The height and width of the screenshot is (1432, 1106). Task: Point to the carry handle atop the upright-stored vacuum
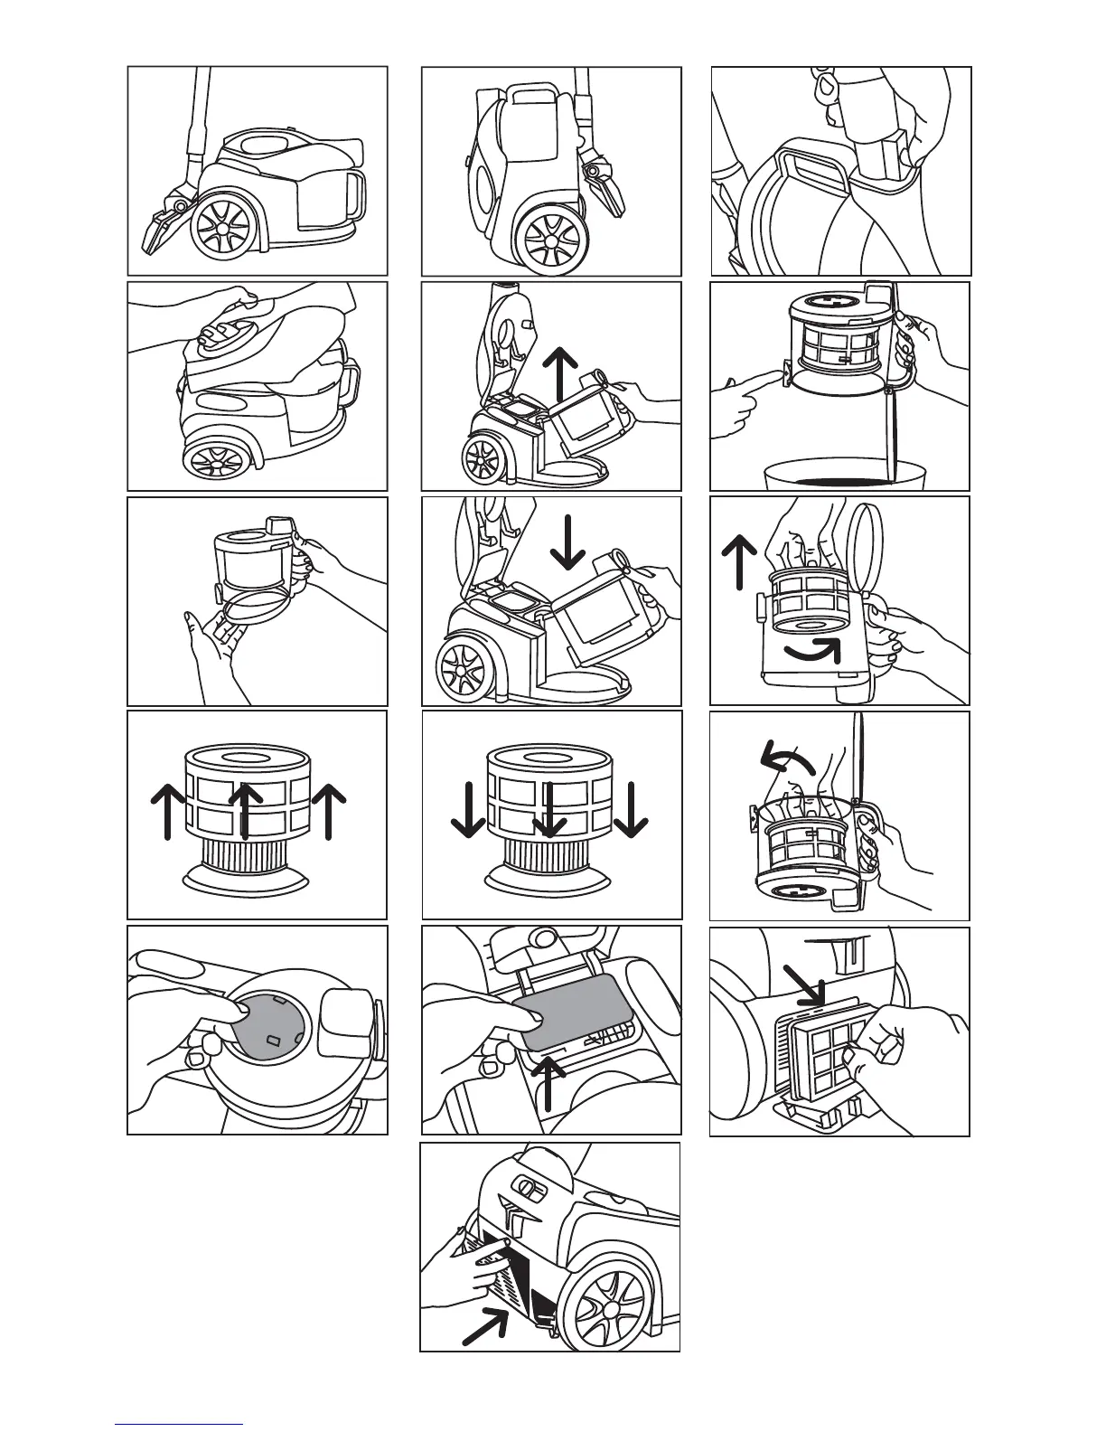click(532, 91)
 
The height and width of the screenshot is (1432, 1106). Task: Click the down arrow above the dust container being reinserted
click(567, 541)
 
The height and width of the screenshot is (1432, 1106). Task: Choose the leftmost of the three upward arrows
click(168, 810)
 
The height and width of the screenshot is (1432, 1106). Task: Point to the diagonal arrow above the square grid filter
click(802, 985)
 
